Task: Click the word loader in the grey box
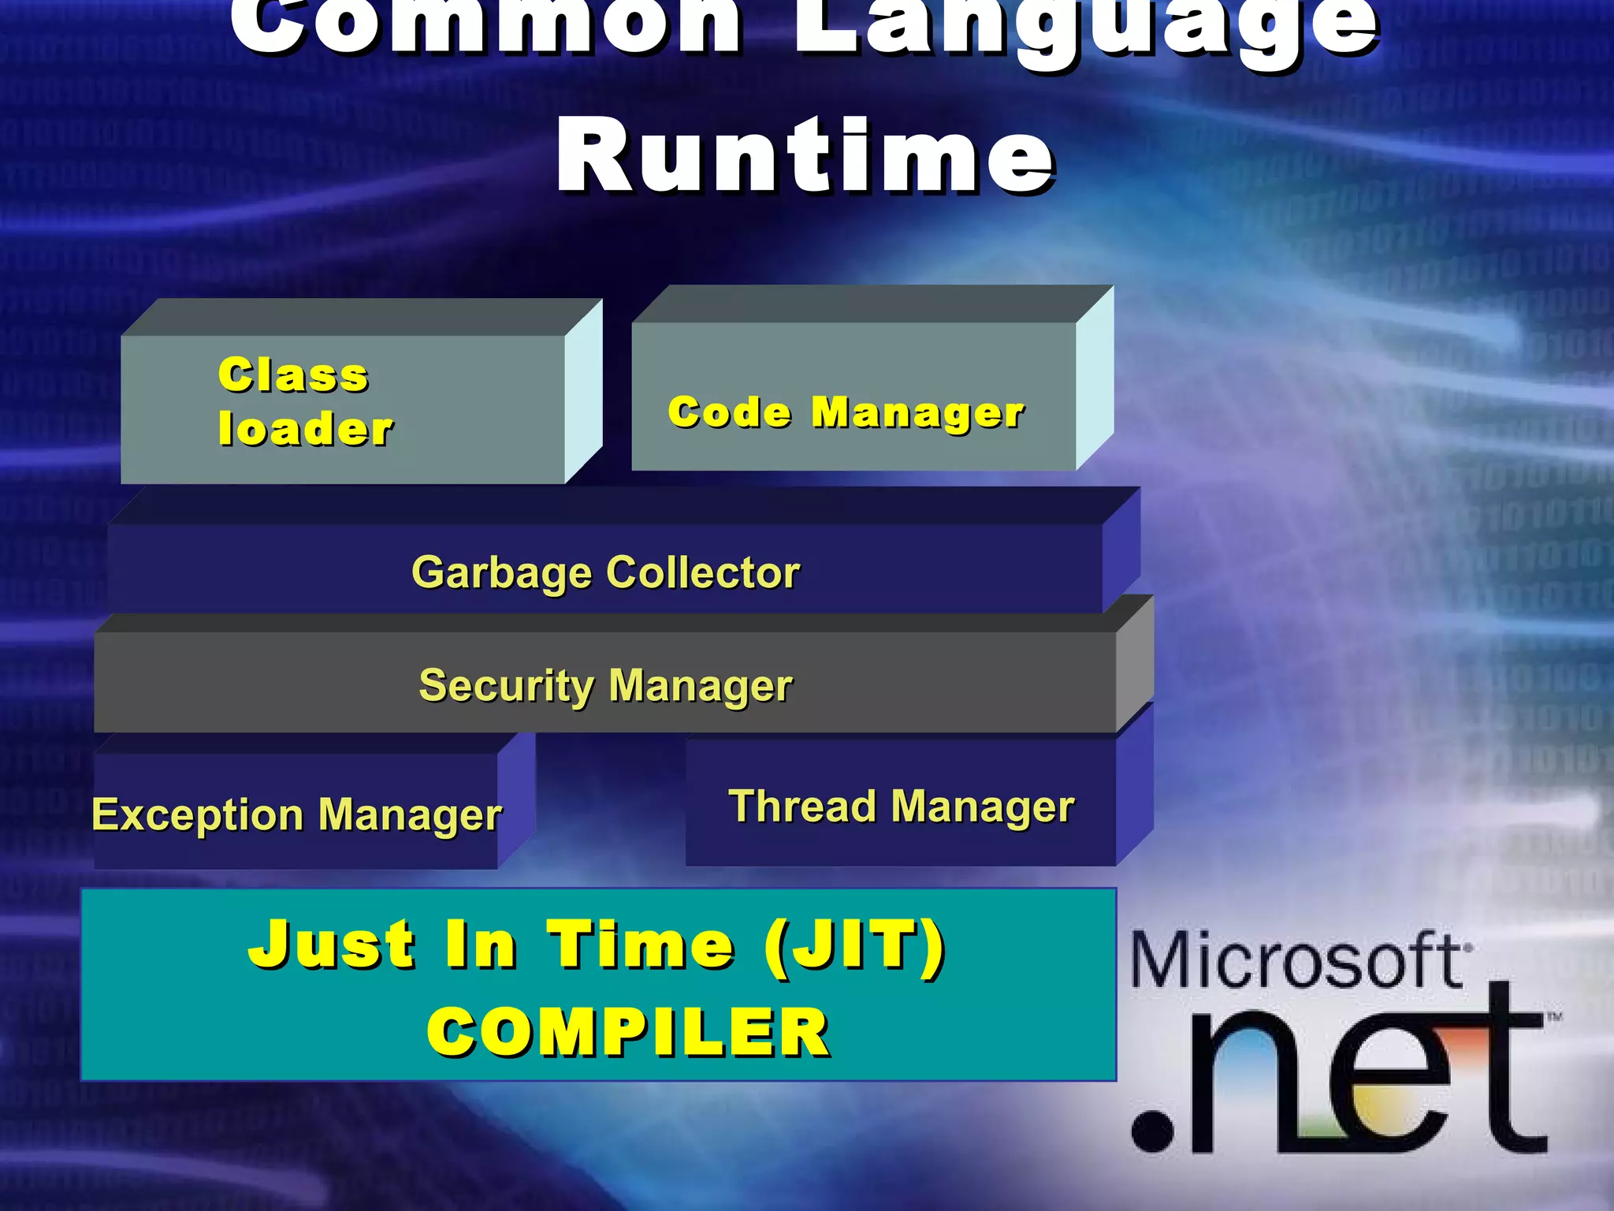pyautogui.click(x=306, y=429)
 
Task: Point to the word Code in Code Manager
pyautogui.click(x=729, y=412)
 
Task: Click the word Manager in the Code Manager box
pyautogui.click(x=918, y=412)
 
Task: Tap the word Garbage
pyautogui.click(x=501, y=573)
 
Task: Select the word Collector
pyautogui.click(x=703, y=573)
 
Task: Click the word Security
pyautogui.click(x=507, y=686)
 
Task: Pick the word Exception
pyautogui.click(x=197, y=814)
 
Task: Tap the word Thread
pyautogui.click(x=802, y=807)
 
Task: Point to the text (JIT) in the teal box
pyautogui.click(x=854, y=945)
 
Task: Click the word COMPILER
pyautogui.click(x=627, y=1032)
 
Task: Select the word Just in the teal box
pyautogui.click(x=331, y=944)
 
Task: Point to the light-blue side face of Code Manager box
pyautogui.click(x=1095, y=378)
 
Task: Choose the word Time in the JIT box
pyautogui.click(x=641, y=945)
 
